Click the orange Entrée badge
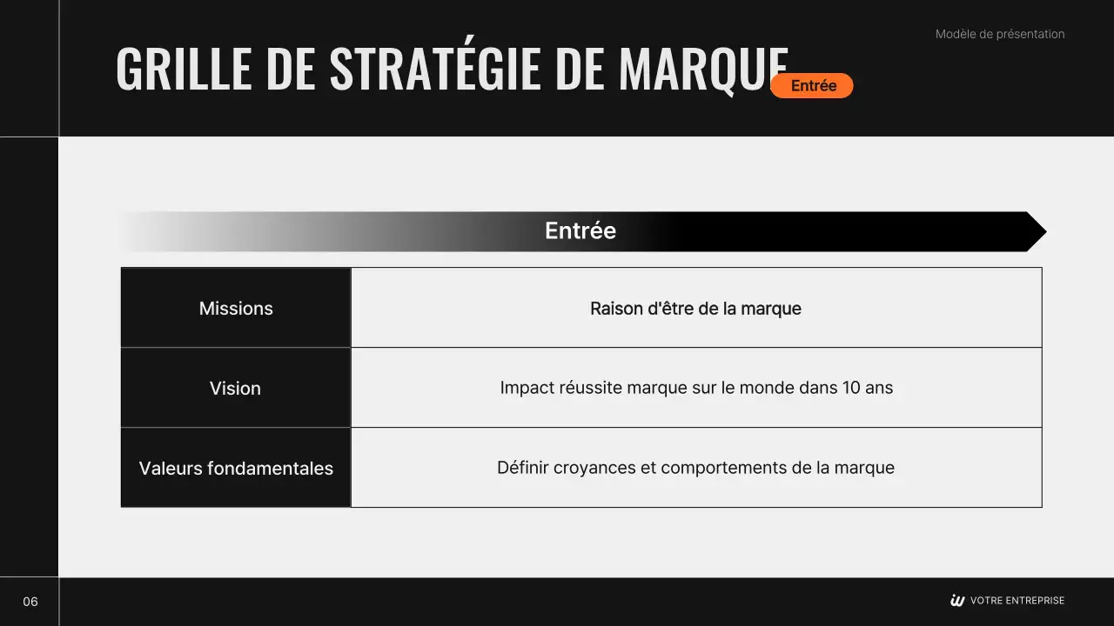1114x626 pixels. (x=811, y=85)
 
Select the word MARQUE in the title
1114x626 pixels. (x=703, y=69)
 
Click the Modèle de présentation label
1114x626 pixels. (x=1000, y=34)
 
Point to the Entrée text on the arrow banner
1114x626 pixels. (x=580, y=230)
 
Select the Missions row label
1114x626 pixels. (x=236, y=309)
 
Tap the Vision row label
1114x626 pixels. (x=235, y=388)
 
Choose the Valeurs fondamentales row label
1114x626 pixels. (x=236, y=468)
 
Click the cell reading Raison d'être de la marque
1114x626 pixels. (x=695, y=309)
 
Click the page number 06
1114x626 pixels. (x=30, y=602)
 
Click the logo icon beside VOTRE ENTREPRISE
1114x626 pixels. (x=957, y=601)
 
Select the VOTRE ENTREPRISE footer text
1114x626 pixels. (x=1017, y=601)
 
